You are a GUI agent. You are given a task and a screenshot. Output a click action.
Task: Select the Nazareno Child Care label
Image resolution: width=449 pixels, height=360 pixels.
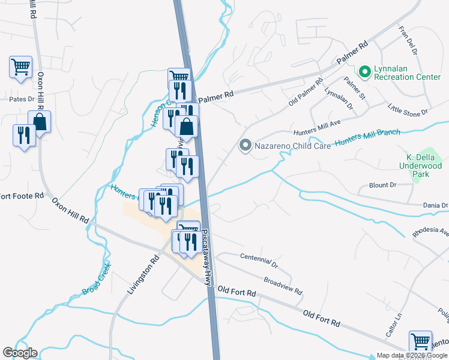point(292,146)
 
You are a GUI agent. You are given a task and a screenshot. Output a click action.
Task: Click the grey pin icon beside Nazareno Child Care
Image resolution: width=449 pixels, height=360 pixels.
point(245,145)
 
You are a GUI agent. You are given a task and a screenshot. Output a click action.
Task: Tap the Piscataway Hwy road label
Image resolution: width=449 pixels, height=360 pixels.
point(208,258)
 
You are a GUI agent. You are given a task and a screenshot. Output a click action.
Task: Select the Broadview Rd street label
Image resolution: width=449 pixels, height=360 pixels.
point(283,284)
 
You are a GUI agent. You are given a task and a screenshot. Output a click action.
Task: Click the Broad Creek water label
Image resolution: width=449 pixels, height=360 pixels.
point(97,278)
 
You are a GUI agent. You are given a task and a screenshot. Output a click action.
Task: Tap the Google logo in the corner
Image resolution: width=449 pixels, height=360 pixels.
point(20,353)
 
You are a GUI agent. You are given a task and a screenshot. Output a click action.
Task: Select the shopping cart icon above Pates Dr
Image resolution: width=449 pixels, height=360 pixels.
point(20,67)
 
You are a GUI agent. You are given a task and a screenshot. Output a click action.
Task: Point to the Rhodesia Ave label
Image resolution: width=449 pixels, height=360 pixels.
point(430,232)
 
